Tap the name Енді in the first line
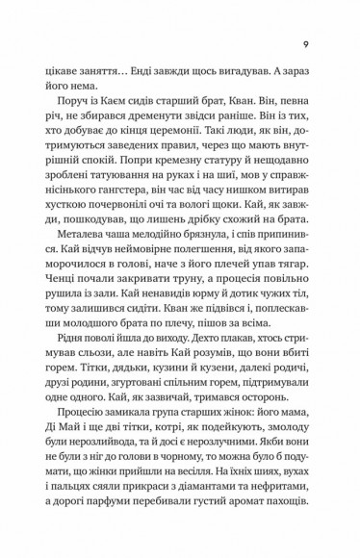128,70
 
